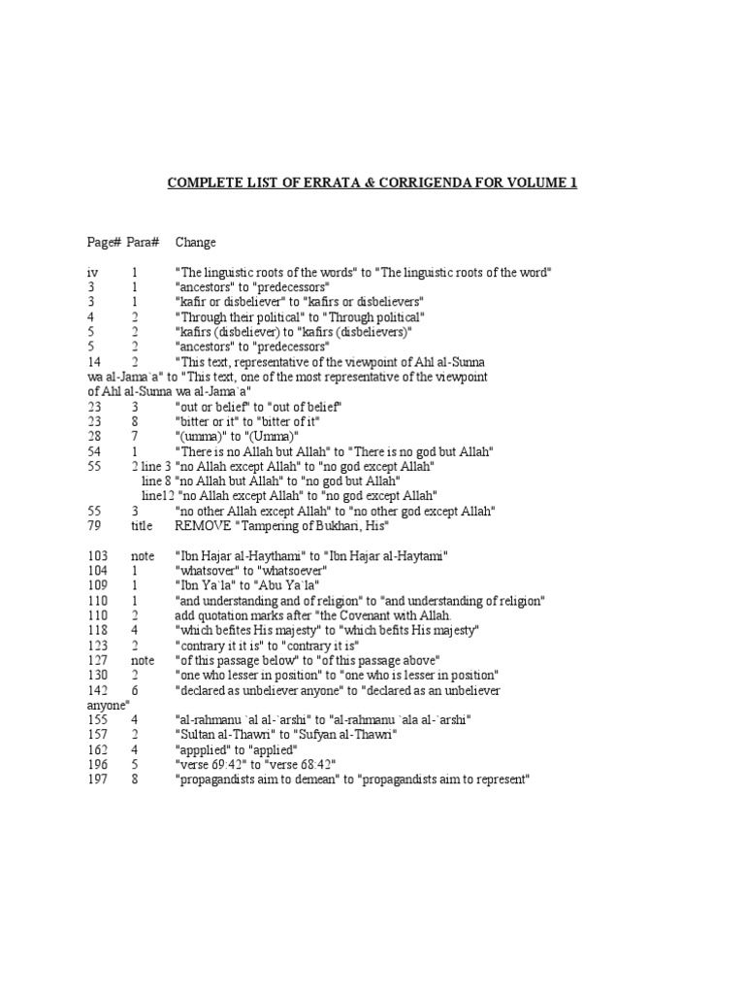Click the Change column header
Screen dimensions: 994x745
tap(196, 243)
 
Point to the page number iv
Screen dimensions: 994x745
tap(92, 274)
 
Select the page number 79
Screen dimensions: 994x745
tap(94, 525)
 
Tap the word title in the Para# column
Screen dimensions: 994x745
tap(143, 525)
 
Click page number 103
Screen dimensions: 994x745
tap(97, 555)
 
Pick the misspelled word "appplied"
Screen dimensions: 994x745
tap(206, 750)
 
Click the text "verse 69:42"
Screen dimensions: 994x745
tap(213, 764)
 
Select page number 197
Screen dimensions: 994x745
tap(97, 779)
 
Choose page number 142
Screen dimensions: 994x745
tap(97, 690)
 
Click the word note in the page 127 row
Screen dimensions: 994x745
tap(143, 660)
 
